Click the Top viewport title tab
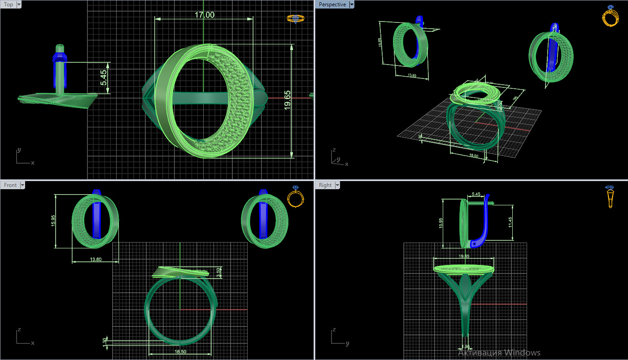coord(9,4)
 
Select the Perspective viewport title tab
coord(332,4)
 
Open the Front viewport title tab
coord(10,185)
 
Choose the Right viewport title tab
coord(325,185)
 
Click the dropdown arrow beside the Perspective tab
coord(352,4)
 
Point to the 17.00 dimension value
coord(204,15)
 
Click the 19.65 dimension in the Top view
coord(288,99)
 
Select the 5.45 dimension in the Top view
coord(104,78)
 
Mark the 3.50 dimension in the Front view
coord(218,272)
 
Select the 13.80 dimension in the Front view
coord(96,259)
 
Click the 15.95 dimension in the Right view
coord(440,223)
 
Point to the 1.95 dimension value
coord(467,347)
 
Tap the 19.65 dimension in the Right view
coord(463,256)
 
